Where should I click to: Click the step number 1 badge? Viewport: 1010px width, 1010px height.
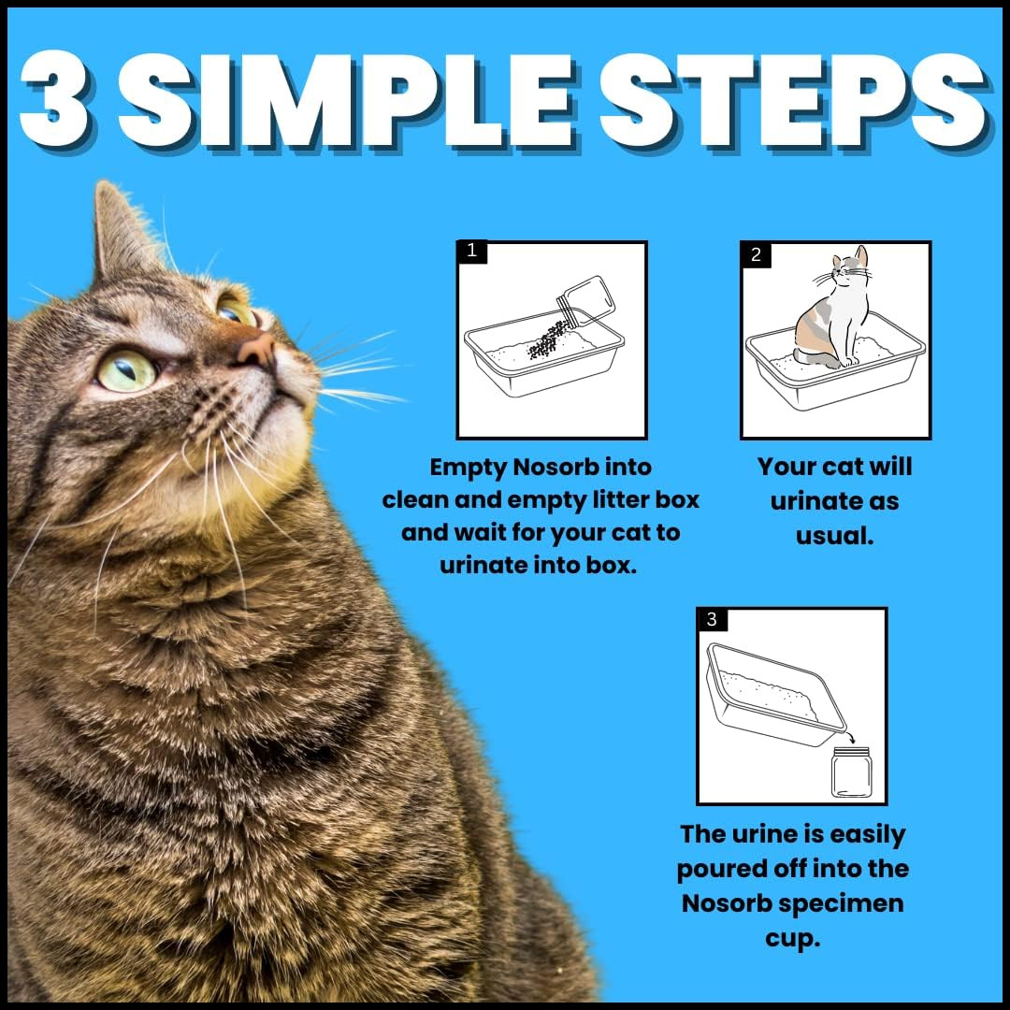[472, 251]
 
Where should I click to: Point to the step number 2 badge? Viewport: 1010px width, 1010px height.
[757, 254]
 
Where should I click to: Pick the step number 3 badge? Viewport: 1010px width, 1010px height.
[712, 619]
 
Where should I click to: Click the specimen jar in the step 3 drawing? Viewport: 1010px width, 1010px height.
[851, 772]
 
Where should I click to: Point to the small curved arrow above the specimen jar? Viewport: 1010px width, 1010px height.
[850, 736]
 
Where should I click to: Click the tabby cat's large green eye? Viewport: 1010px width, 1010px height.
[127, 369]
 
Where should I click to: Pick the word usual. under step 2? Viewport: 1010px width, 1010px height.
[835, 535]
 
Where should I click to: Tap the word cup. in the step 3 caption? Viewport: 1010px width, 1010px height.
[793, 939]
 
